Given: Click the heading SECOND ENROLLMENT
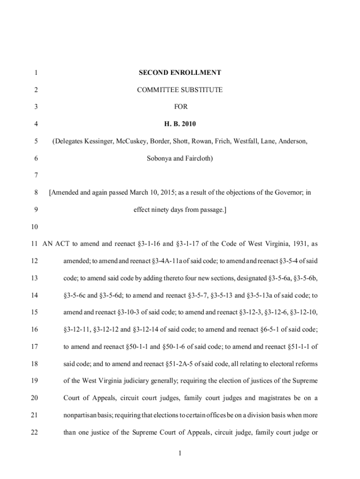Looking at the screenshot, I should coord(180,73).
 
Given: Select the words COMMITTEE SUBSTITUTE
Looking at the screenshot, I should coord(180,89).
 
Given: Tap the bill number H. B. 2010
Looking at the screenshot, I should coord(180,124).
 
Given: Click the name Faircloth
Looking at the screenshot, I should coord(198,159).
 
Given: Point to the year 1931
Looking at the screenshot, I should coord(300,244).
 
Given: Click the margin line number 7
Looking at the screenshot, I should coord(36,175).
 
